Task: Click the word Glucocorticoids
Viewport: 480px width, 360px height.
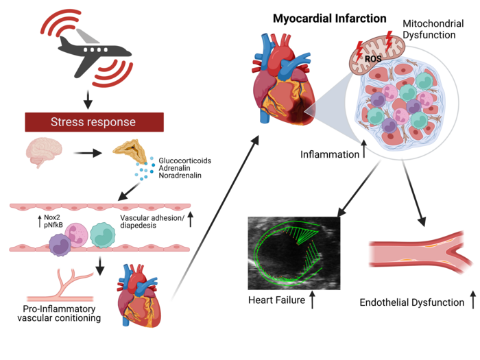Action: (184, 160)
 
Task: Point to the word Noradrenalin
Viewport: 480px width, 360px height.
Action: (180, 177)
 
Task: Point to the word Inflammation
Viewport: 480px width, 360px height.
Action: (330, 154)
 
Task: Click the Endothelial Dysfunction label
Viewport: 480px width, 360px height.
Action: (411, 302)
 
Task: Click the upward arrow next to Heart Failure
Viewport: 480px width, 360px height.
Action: (313, 300)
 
